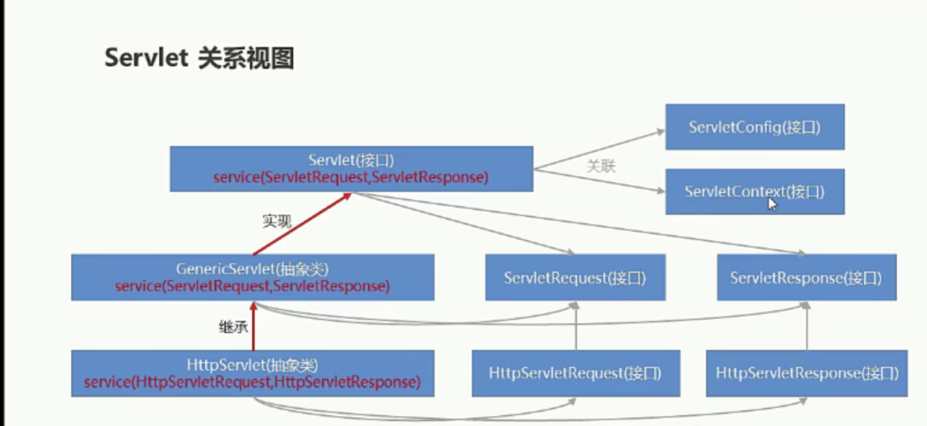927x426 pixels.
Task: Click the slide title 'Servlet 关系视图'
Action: pyautogui.click(x=199, y=58)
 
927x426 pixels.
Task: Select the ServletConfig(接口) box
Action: pyautogui.click(x=755, y=127)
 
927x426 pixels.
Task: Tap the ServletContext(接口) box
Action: pyautogui.click(x=755, y=191)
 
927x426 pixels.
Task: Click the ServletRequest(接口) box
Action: pyautogui.click(x=575, y=277)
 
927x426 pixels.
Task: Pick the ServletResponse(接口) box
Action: pyautogui.click(x=806, y=277)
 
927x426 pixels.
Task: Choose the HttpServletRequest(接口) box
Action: pyautogui.click(x=576, y=373)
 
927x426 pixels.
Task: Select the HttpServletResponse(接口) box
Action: pyautogui.click(x=806, y=373)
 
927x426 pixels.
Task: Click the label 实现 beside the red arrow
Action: pyautogui.click(x=277, y=221)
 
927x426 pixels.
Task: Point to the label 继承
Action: pyautogui.click(x=234, y=327)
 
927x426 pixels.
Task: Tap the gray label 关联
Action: pyautogui.click(x=601, y=167)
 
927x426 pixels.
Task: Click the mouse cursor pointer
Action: pyautogui.click(x=772, y=204)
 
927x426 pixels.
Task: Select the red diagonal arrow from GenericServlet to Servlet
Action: pyautogui.click(x=302, y=223)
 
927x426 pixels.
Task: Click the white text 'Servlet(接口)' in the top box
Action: pyautogui.click(x=351, y=160)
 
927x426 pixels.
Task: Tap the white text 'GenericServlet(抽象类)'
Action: pyautogui.click(x=252, y=269)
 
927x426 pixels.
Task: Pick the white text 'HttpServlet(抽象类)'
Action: pyautogui.click(x=252, y=365)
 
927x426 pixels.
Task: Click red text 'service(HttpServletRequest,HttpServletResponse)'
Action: pyautogui.click(x=252, y=382)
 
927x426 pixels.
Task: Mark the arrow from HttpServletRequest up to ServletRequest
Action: pyautogui.click(x=576, y=326)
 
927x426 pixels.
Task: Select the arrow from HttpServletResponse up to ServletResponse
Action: pyautogui.click(x=806, y=326)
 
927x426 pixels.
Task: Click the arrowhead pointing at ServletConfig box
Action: pyautogui.click(x=661, y=132)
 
